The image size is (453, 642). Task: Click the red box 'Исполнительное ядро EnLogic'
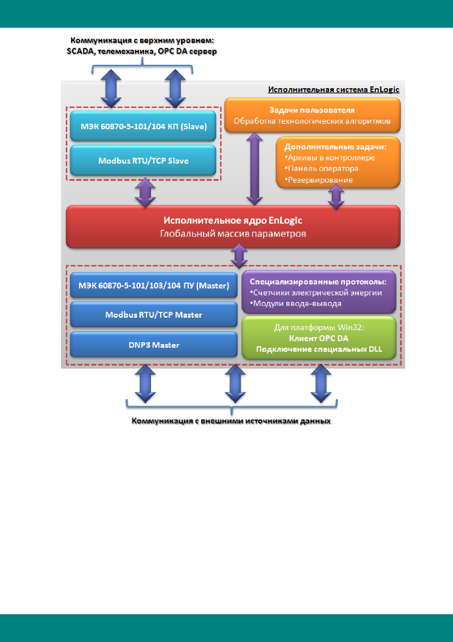point(233,227)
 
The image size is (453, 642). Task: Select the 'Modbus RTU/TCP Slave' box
point(143,161)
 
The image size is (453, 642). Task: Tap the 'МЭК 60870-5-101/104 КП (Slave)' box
point(143,126)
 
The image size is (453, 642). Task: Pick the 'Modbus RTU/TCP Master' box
point(154,315)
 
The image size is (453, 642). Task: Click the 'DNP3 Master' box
point(154,345)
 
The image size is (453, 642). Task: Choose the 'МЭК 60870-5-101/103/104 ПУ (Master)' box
point(154,285)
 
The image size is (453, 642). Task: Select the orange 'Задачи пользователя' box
point(312,115)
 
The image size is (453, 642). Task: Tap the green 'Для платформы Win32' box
point(319,338)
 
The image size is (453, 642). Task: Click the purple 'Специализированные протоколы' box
point(319,292)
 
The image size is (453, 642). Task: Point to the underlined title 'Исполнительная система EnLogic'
point(333,90)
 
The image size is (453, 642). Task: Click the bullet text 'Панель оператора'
point(321,169)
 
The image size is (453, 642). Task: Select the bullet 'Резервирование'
point(318,180)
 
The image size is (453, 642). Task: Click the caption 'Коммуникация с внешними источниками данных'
point(231,421)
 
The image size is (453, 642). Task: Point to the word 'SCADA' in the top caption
point(80,52)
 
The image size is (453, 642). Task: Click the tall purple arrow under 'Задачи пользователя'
point(254,169)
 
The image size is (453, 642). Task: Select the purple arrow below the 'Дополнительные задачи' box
point(336,197)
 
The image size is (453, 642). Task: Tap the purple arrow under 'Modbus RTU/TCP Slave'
point(146,193)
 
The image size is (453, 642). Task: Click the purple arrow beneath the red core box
point(239,257)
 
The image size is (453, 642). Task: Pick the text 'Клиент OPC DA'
point(319,338)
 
